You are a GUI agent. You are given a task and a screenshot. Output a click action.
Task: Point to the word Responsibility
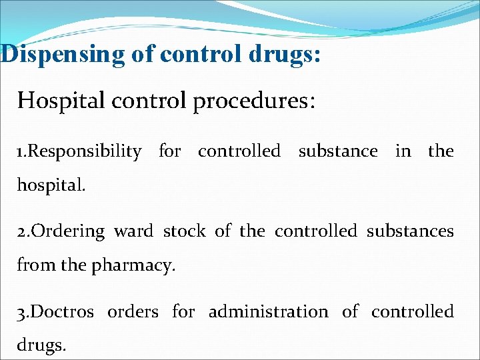[x=85, y=152]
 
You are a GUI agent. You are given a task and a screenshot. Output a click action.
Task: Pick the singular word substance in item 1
[x=337, y=151]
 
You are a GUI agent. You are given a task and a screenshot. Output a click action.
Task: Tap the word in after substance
[x=403, y=151]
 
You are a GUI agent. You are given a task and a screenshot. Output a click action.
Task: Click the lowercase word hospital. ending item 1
[x=51, y=185]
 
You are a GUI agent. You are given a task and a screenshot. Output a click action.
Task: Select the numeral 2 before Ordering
[x=22, y=232]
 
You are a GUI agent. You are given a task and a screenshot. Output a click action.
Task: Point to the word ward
[x=133, y=231]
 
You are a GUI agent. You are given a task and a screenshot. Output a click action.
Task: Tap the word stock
[x=185, y=231]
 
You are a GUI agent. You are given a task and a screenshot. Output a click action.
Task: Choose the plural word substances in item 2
[x=410, y=231]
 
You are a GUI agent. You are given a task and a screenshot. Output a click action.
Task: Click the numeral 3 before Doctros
[x=22, y=312]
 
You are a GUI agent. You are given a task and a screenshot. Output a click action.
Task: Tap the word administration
[x=269, y=311]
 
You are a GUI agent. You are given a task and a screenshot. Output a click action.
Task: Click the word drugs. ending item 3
[x=43, y=345]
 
